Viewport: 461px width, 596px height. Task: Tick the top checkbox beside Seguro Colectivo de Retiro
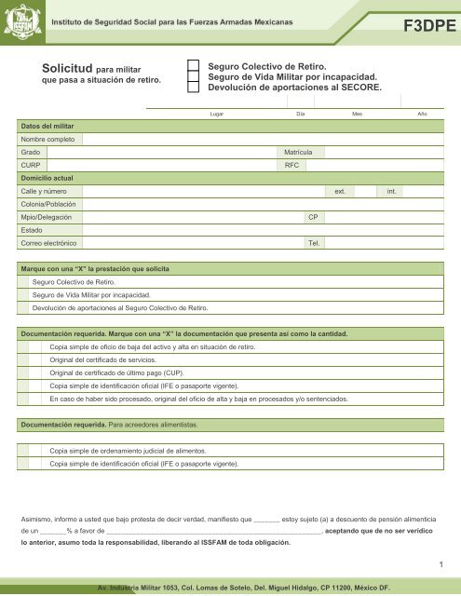(194, 67)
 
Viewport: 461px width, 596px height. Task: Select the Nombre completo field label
(47, 138)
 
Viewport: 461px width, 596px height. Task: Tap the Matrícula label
(305, 151)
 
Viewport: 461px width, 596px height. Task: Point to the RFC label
(292, 164)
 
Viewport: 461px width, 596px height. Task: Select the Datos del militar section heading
(48, 125)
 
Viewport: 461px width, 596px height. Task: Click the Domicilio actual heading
(47, 177)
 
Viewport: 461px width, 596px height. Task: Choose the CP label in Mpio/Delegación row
(313, 216)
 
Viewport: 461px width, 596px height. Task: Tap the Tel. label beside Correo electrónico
(314, 242)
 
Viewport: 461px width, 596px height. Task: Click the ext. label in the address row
(341, 190)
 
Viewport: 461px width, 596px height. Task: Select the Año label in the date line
(422, 112)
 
